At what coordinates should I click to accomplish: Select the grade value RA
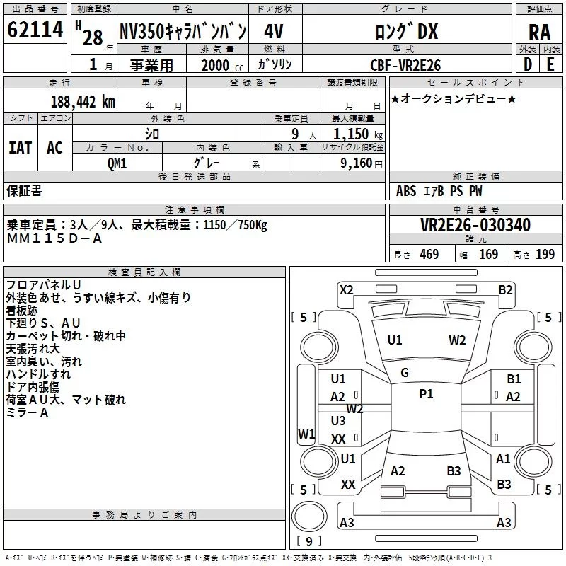tap(539, 32)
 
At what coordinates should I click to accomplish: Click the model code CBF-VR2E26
tap(405, 65)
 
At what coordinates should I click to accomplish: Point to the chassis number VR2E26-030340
tap(475, 225)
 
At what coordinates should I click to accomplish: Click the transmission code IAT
tap(20, 147)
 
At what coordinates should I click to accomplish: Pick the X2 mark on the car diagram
tap(346, 289)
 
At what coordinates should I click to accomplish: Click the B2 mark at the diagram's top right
tap(505, 289)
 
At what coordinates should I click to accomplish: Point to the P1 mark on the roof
tap(426, 394)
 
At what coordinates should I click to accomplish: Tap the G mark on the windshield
tap(405, 372)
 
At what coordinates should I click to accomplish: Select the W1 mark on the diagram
tap(306, 434)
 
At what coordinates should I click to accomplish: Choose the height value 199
tap(545, 255)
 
